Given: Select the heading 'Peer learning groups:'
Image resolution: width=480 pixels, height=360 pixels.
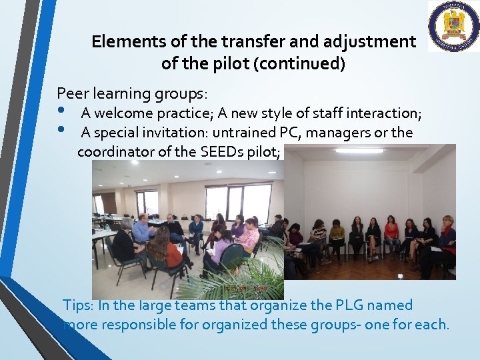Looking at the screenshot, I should coord(132,92).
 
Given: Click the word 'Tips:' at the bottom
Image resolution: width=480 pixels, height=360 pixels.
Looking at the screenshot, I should coord(78,305).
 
